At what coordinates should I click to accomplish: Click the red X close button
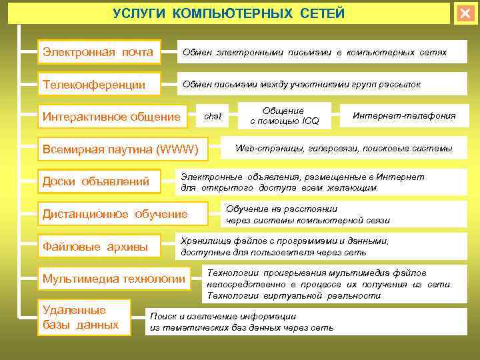pos(465,13)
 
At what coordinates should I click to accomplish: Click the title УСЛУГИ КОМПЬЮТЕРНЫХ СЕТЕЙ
pos(229,13)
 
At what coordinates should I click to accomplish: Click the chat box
pos(213,116)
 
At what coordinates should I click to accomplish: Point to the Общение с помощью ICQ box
pos(285,116)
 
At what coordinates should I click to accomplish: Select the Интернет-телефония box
pos(404,116)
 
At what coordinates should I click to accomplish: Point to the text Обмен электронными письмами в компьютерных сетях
pos(315,52)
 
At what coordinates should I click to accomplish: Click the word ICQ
pos(311,121)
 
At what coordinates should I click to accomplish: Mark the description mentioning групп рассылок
pos(302,85)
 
